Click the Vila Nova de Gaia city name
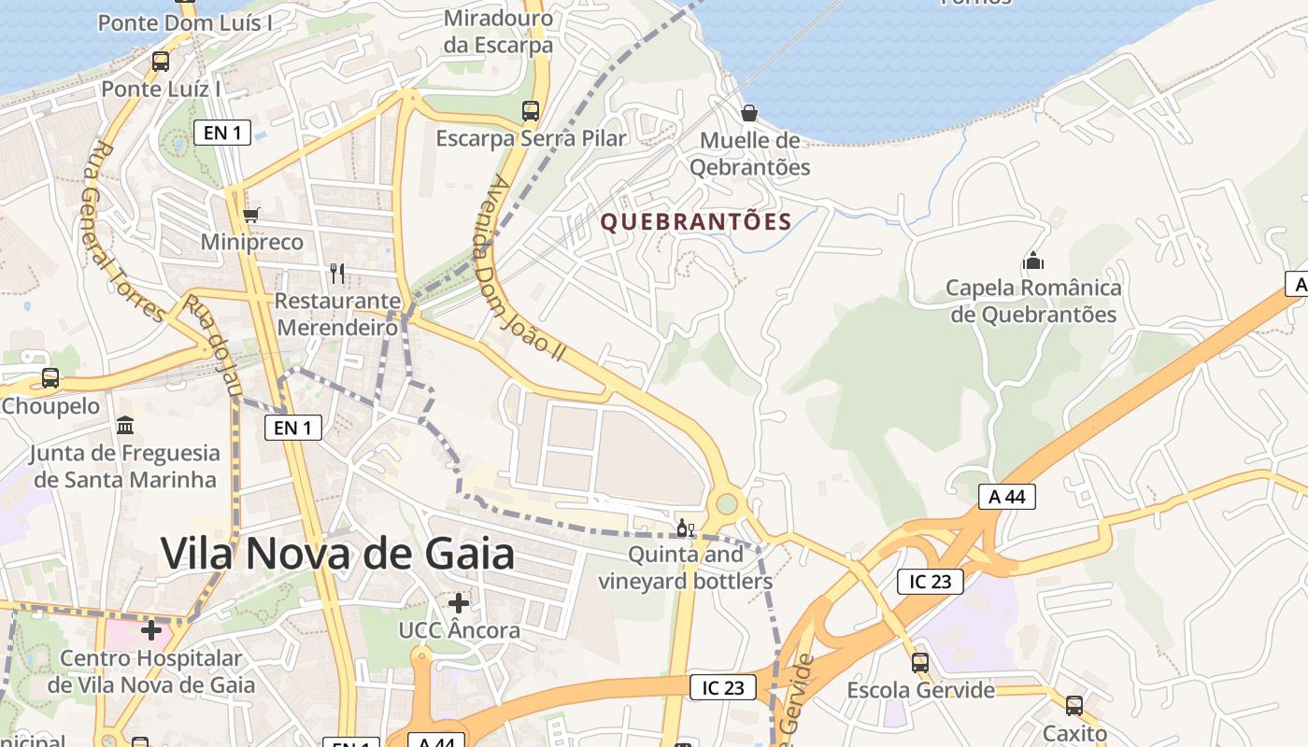pyautogui.click(x=337, y=554)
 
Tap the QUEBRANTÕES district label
pyautogui.click(x=696, y=222)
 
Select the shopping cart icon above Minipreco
pyautogui.click(x=250, y=216)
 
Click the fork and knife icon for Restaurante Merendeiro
pyautogui.click(x=337, y=273)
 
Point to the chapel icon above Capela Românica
pyautogui.click(x=1032, y=260)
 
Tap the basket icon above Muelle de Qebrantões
pyautogui.click(x=748, y=113)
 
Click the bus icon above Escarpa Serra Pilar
pyautogui.click(x=531, y=111)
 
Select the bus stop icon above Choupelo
pyautogui.click(x=50, y=378)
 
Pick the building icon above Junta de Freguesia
pyautogui.click(x=124, y=426)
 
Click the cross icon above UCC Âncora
pyautogui.click(x=459, y=602)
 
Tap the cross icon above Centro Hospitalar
pyautogui.click(x=151, y=630)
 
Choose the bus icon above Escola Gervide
pyautogui.click(x=920, y=663)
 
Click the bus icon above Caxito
pyautogui.click(x=1074, y=706)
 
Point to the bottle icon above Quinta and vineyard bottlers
pyautogui.click(x=686, y=529)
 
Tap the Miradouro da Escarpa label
pyautogui.click(x=498, y=32)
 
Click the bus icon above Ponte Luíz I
pyautogui.click(x=161, y=62)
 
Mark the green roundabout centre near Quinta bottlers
pyautogui.click(x=727, y=505)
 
